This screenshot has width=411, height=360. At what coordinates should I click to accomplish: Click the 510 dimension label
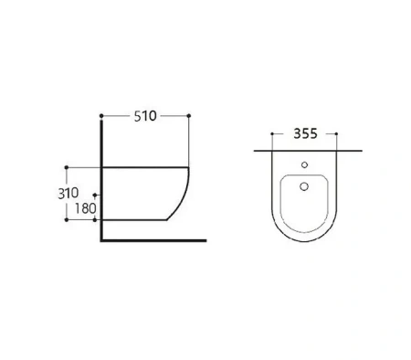(x=145, y=116)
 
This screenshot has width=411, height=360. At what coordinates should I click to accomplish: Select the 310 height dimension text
(x=68, y=193)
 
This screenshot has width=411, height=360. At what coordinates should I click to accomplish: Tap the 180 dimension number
(x=86, y=208)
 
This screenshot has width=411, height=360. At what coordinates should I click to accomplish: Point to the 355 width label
(x=305, y=133)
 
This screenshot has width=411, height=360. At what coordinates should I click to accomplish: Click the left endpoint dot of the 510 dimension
(x=101, y=116)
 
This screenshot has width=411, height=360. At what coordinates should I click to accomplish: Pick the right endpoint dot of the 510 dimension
(x=189, y=116)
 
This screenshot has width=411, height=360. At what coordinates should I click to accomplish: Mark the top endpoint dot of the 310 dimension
(x=67, y=167)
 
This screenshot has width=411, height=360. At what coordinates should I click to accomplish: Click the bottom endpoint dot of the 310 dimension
(x=67, y=219)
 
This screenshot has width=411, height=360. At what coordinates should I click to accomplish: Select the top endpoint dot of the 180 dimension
(x=95, y=195)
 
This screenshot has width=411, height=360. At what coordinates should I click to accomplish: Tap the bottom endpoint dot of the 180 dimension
(x=95, y=219)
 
